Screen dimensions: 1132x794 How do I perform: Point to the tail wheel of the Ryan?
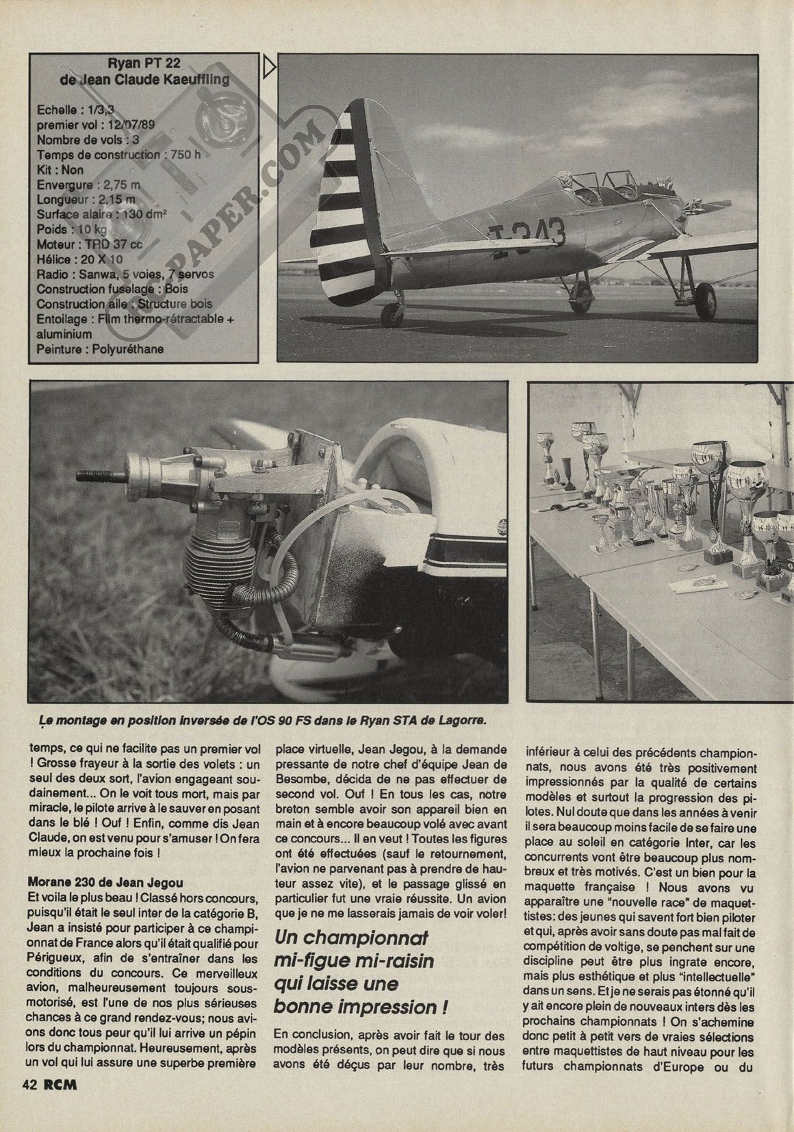tap(395, 315)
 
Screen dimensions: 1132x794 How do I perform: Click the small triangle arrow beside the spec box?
tap(268, 68)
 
